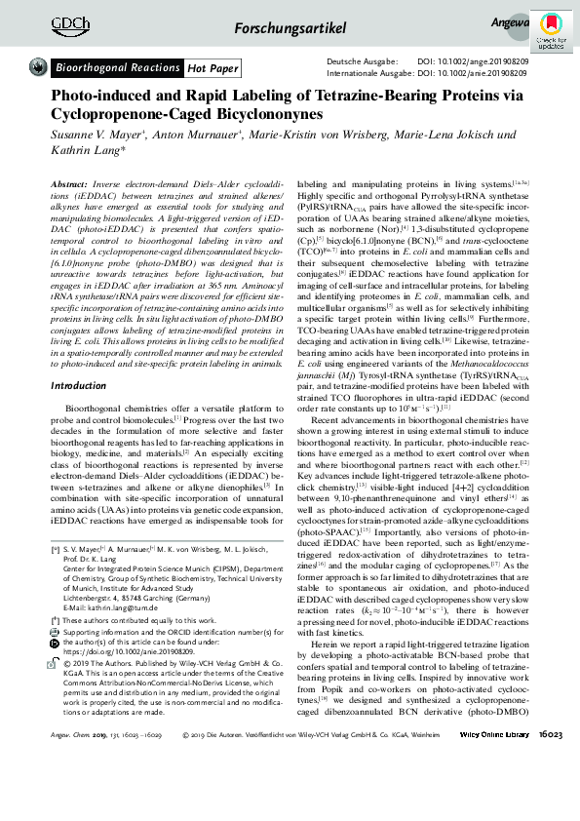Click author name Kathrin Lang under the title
tap(77, 150)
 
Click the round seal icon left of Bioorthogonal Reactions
tap(39, 67)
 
